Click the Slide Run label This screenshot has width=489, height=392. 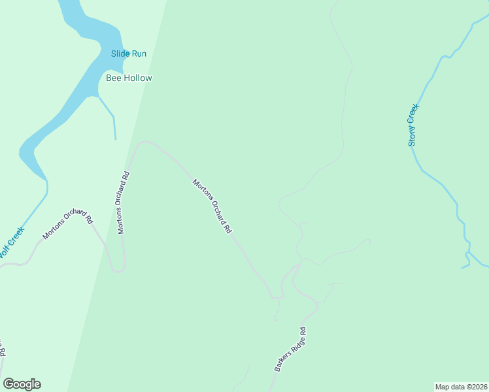[x=129, y=54]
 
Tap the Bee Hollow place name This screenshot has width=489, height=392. [x=129, y=78]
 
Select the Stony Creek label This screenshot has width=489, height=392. [x=413, y=125]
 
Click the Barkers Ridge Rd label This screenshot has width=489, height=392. [x=290, y=350]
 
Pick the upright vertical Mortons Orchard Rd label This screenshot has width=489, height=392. [x=124, y=203]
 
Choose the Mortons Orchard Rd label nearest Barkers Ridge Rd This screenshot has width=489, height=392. [x=212, y=206]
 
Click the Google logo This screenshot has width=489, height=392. [x=22, y=384]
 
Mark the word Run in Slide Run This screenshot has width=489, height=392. [x=139, y=54]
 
